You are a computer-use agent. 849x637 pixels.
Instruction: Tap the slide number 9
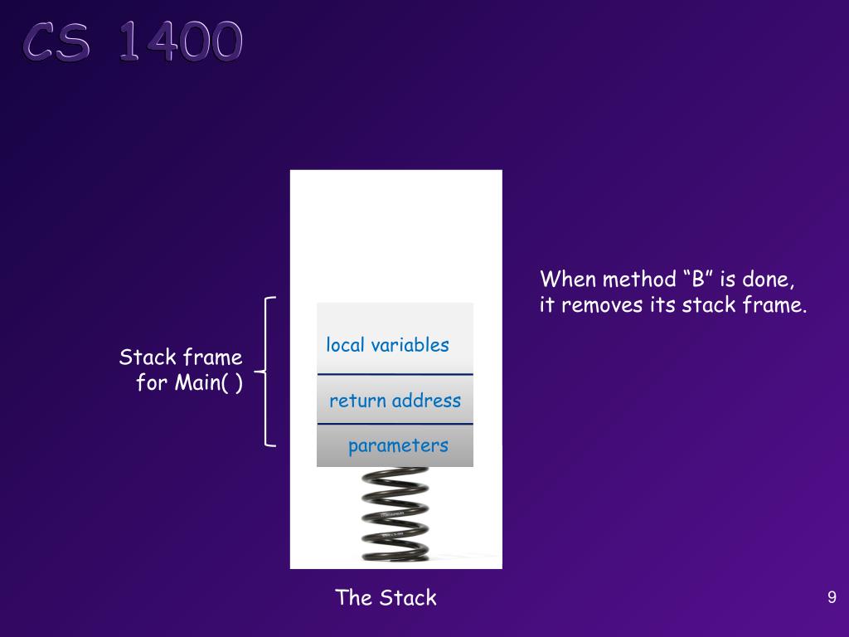832,597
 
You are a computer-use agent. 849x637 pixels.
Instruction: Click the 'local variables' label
387,345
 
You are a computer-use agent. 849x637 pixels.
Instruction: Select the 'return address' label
395,401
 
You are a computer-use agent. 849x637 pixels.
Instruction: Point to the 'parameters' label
398,445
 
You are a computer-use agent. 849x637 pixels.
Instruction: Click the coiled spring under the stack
395,514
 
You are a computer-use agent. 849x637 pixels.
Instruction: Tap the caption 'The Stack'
386,597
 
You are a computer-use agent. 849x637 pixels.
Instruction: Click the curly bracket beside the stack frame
267,371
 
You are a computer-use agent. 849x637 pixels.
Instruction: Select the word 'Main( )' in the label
208,383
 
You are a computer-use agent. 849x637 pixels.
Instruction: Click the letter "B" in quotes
698,279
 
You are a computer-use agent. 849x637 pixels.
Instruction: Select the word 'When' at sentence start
568,279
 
